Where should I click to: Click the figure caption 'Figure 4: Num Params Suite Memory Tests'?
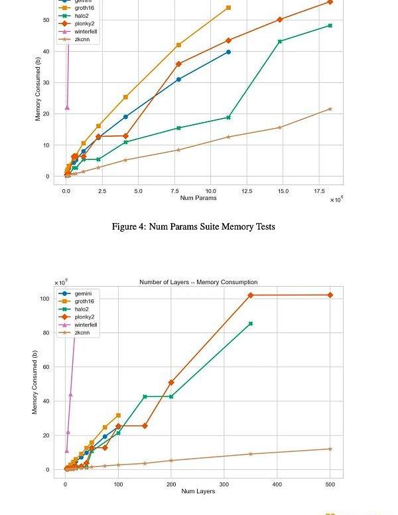click(193, 227)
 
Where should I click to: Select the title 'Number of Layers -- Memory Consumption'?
click(198, 282)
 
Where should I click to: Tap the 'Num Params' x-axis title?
click(198, 198)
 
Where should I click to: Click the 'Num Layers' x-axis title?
click(198, 491)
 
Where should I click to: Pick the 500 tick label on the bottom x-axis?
click(330, 484)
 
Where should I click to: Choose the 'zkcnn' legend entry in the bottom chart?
click(83, 332)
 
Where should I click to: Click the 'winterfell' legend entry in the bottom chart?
click(86, 325)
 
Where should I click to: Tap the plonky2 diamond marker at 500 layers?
click(330, 295)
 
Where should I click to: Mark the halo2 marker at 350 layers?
click(251, 324)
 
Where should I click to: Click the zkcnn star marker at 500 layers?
click(330, 449)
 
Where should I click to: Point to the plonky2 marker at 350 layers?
click(251, 295)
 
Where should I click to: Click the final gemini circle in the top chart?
click(228, 52)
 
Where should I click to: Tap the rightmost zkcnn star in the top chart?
click(330, 109)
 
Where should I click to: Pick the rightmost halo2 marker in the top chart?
click(330, 26)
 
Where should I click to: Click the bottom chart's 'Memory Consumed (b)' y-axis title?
click(35, 382)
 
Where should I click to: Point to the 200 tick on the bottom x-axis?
click(171, 484)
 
